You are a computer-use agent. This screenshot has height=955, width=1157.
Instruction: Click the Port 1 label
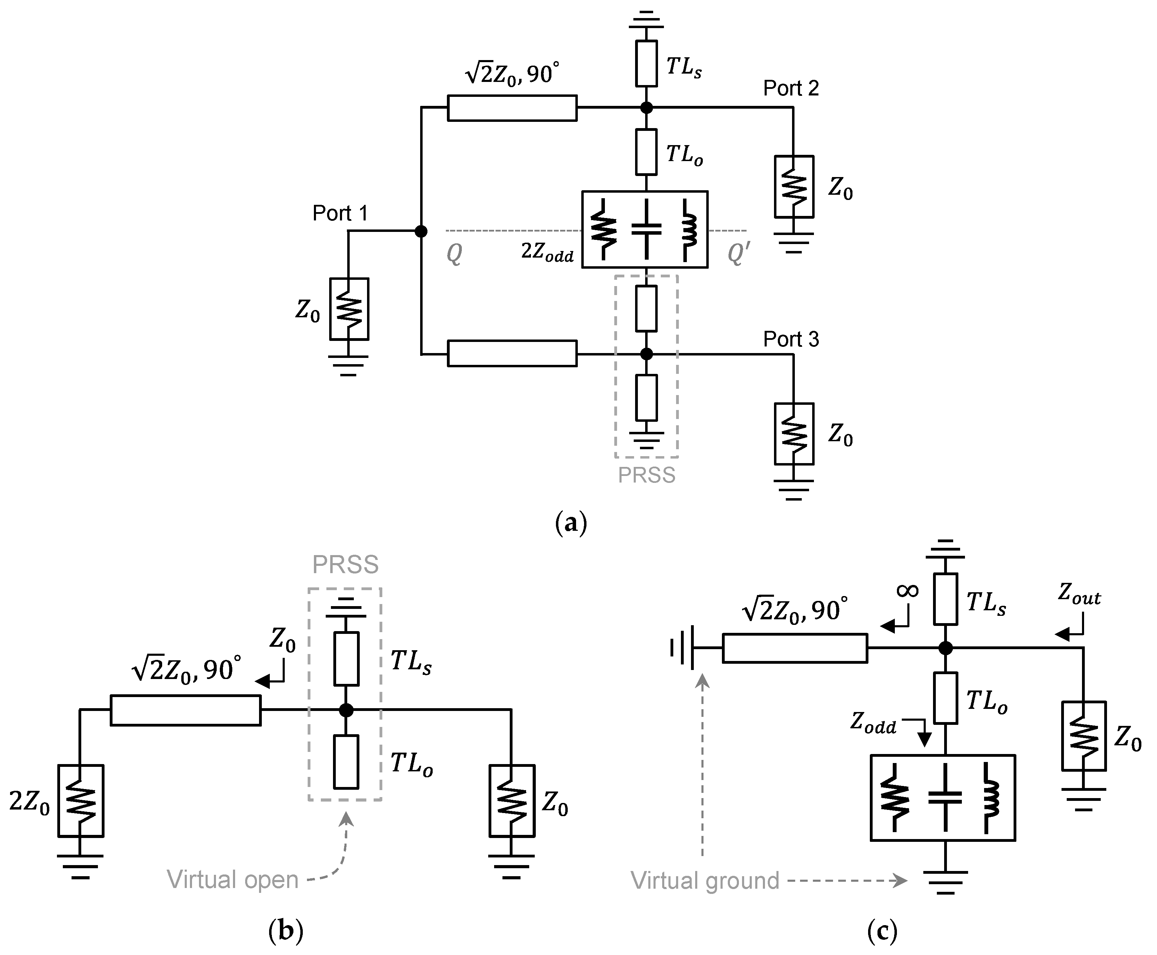(340, 213)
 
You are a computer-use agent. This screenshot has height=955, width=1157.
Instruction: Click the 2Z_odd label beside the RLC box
(547, 252)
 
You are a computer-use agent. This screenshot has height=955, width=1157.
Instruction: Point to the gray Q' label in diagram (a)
(738, 254)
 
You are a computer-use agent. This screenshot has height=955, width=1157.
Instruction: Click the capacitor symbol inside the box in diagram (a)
(646, 229)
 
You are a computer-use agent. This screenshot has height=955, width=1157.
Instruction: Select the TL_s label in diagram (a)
(683, 68)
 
